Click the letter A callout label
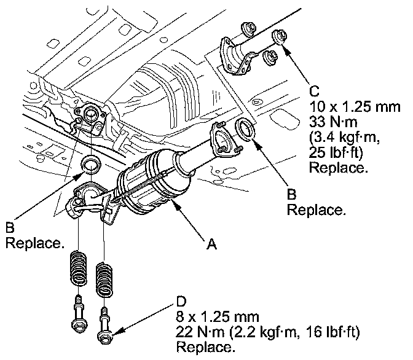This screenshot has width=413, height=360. (211, 245)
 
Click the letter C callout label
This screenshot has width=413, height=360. (315, 92)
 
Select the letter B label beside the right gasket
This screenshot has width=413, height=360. (293, 194)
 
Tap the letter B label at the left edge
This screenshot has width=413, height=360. (10, 228)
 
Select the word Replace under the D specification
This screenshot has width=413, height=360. (205, 348)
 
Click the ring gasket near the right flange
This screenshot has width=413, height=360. (245, 131)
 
